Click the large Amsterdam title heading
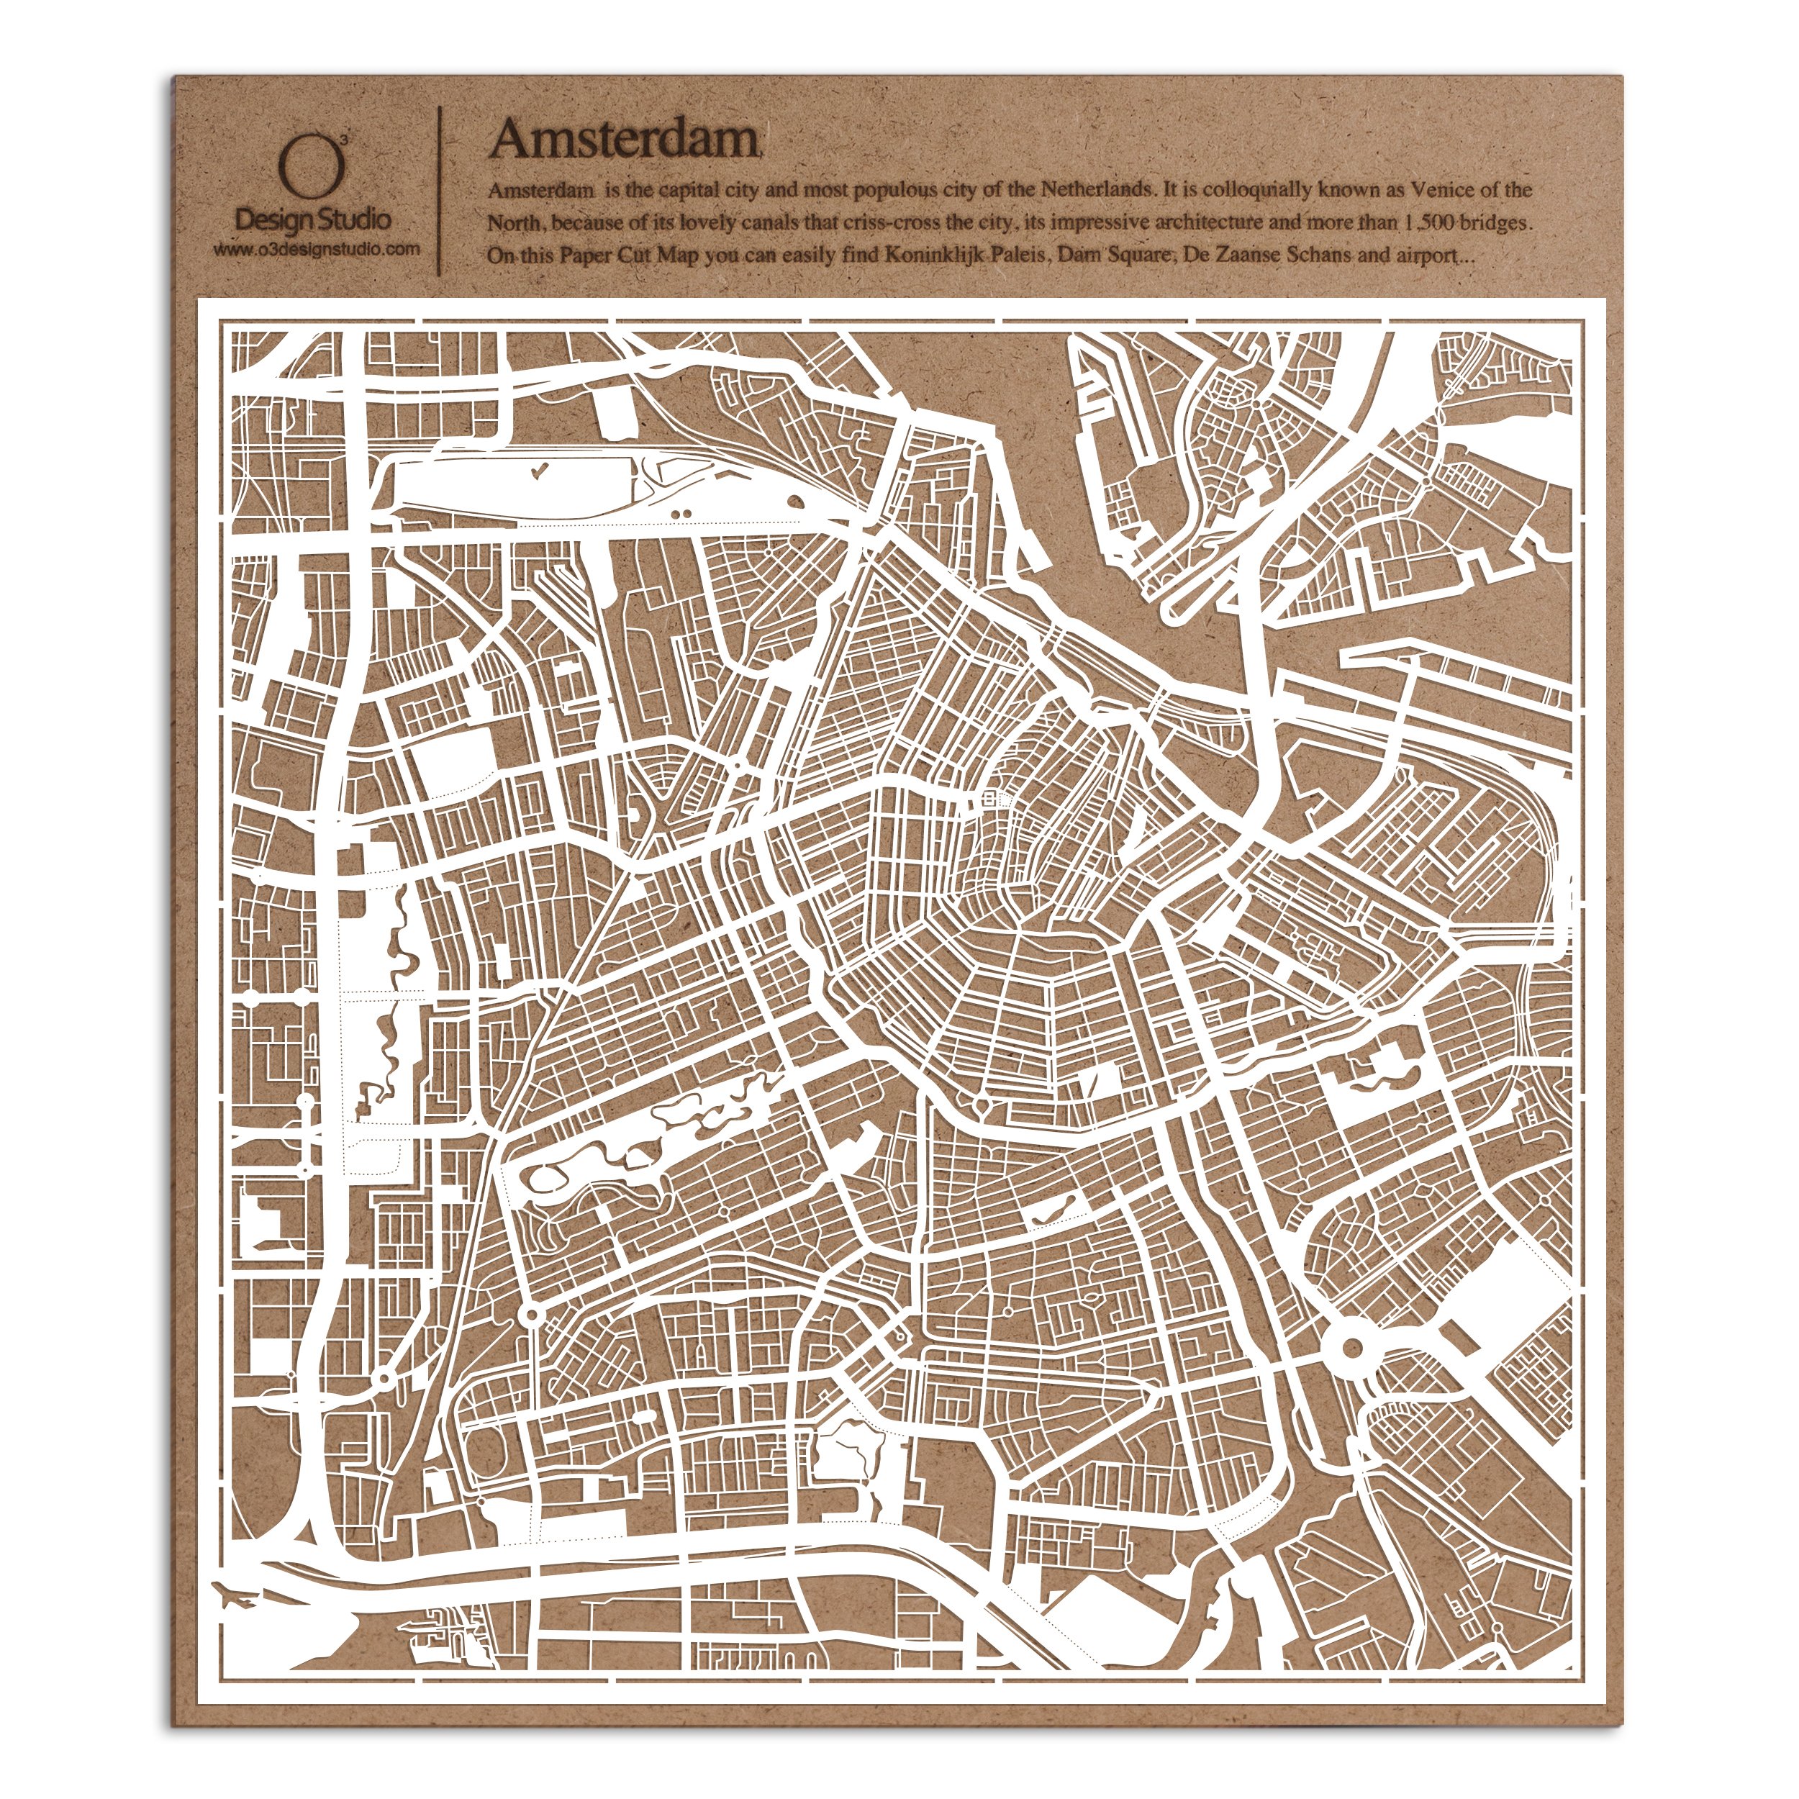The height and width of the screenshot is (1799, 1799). tap(625, 139)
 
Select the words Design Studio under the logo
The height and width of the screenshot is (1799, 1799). tap(314, 221)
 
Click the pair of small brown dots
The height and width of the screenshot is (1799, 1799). tap(681, 512)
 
